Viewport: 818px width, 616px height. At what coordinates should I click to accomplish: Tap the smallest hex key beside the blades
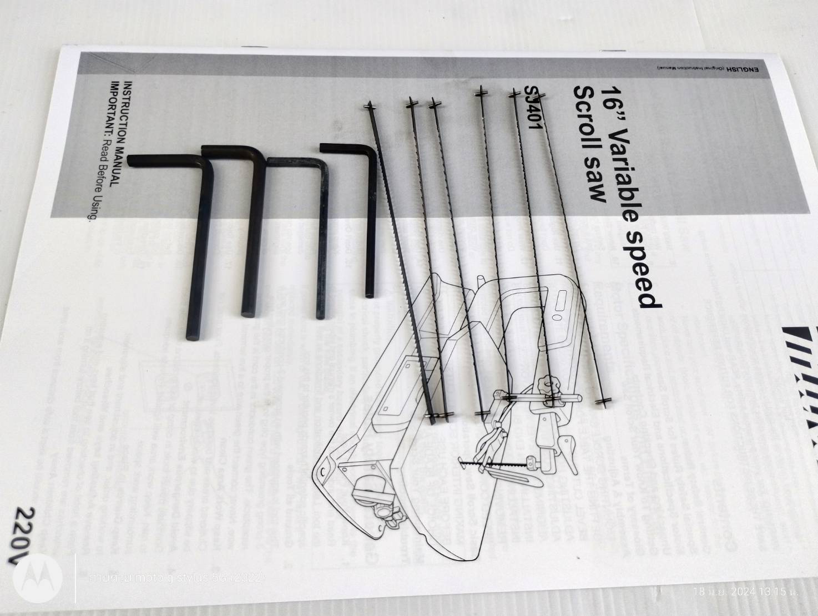(368, 222)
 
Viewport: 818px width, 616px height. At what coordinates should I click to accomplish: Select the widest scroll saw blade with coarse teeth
(399, 261)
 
